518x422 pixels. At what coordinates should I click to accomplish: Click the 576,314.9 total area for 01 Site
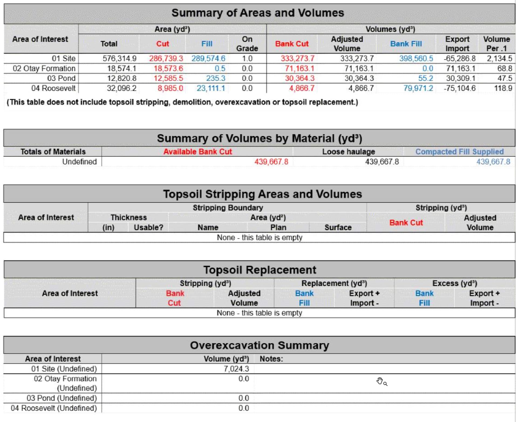(x=120, y=59)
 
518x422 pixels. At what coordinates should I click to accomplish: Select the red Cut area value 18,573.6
(x=168, y=68)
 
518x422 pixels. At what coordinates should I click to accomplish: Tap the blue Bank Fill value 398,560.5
(x=416, y=59)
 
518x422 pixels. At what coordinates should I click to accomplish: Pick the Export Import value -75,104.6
(x=460, y=88)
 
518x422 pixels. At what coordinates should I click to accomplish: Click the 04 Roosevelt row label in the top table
(x=53, y=88)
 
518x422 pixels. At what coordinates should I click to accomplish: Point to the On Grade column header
(x=247, y=44)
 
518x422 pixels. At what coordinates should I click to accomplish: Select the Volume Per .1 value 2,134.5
(x=499, y=59)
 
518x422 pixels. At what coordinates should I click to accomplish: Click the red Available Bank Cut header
(x=197, y=152)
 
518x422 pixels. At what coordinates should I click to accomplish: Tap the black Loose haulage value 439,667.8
(x=382, y=162)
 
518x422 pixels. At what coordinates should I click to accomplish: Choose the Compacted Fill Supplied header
(x=459, y=152)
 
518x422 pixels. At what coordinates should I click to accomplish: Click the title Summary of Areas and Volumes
(x=258, y=13)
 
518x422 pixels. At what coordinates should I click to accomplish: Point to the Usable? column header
(x=149, y=227)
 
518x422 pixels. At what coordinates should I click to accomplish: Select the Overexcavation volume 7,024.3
(x=236, y=369)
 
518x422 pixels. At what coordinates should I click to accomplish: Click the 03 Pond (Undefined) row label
(x=62, y=398)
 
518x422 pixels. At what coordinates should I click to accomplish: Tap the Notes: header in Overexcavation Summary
(x=271, y=359)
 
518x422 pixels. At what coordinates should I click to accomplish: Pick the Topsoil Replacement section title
(x=260, y=270)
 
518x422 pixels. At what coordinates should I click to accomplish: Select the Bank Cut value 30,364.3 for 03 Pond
(x=299, y=78)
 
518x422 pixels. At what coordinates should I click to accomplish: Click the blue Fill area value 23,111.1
(x=211, y=88)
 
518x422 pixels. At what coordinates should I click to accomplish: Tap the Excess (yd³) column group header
(x=455, y=283)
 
